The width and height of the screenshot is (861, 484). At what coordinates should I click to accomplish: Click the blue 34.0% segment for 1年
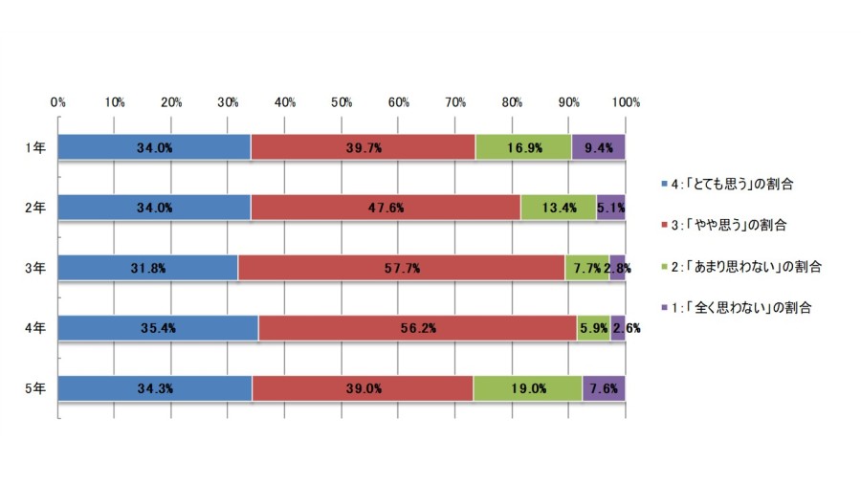click(x=154, y=147)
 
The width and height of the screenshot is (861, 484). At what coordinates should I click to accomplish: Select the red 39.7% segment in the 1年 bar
click(x=363, y=147)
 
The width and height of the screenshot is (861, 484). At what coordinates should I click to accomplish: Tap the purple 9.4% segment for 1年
click(x=599, y=147)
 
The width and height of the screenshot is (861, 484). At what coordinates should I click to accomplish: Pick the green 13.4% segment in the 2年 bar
click(x=559, y=208)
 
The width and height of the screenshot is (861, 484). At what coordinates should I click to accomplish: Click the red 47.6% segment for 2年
click(x=386, y=208)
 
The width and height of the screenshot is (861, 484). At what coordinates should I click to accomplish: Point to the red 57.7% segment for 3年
click(x=402, y=268)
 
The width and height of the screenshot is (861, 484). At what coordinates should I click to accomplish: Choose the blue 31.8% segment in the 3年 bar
click(x=147, y=268)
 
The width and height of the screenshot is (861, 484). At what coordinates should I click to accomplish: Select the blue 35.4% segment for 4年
click(x=158, y=328)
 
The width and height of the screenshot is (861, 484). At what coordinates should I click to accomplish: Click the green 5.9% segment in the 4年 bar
click(x=593, y=328)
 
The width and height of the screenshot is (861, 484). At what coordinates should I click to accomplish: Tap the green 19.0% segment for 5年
click(x=528, y=388)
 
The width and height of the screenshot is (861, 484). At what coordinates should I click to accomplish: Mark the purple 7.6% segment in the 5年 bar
click(x=604, y=388)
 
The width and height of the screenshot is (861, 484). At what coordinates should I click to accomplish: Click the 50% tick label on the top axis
click(x=342, y=102)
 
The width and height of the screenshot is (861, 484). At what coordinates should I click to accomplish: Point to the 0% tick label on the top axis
click(x=58, y=102)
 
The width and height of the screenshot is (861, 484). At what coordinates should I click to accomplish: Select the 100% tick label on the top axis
click(x=626, y=102)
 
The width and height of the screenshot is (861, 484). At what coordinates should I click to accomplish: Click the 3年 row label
click(x=35, y=268)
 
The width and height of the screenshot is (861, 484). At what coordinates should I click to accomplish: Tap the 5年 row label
click(x=35, y=388)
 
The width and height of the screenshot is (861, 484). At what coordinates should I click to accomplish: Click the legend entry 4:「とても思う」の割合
click(x=728, y=184)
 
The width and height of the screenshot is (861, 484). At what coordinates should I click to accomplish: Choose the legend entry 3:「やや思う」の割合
click(x=724, y=225)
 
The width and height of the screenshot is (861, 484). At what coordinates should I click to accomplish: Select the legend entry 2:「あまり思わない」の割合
click(x=741, y=267)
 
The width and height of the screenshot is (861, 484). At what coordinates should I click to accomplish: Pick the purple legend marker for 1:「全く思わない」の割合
click(x=665, y=307)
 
